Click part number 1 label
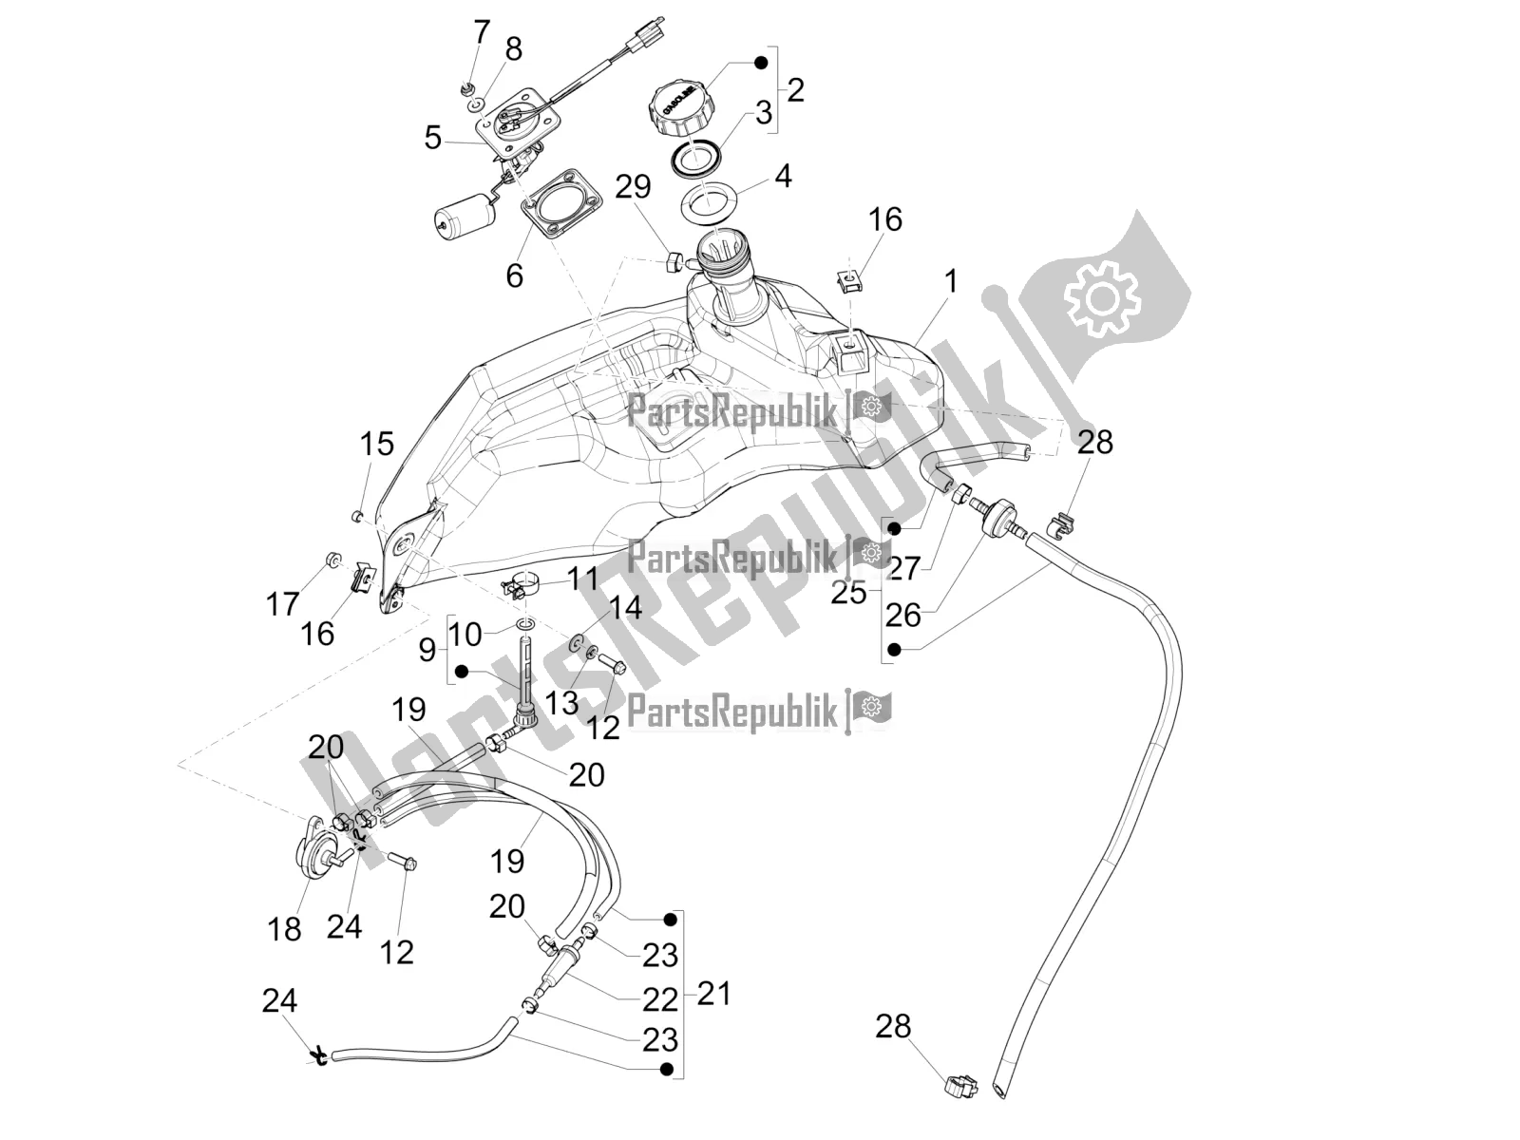[951, 281]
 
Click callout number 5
[433, 139]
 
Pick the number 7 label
[481, 32]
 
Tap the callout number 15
[376, 444]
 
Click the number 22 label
[660, 998]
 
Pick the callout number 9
[427, 651]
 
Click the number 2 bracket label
[795, 90]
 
